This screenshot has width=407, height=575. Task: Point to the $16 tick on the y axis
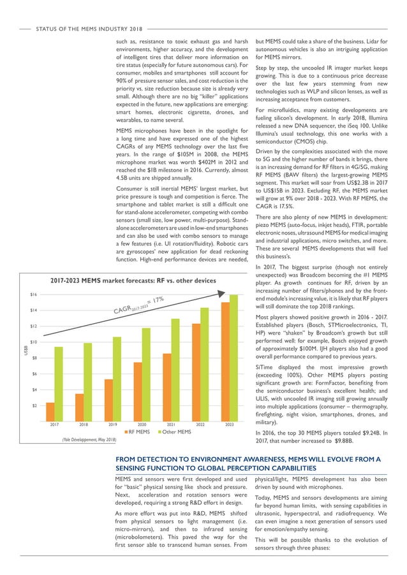point(33,295)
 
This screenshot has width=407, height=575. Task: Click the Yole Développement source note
point(89,440)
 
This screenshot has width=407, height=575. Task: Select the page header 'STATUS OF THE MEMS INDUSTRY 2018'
point(90,29)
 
